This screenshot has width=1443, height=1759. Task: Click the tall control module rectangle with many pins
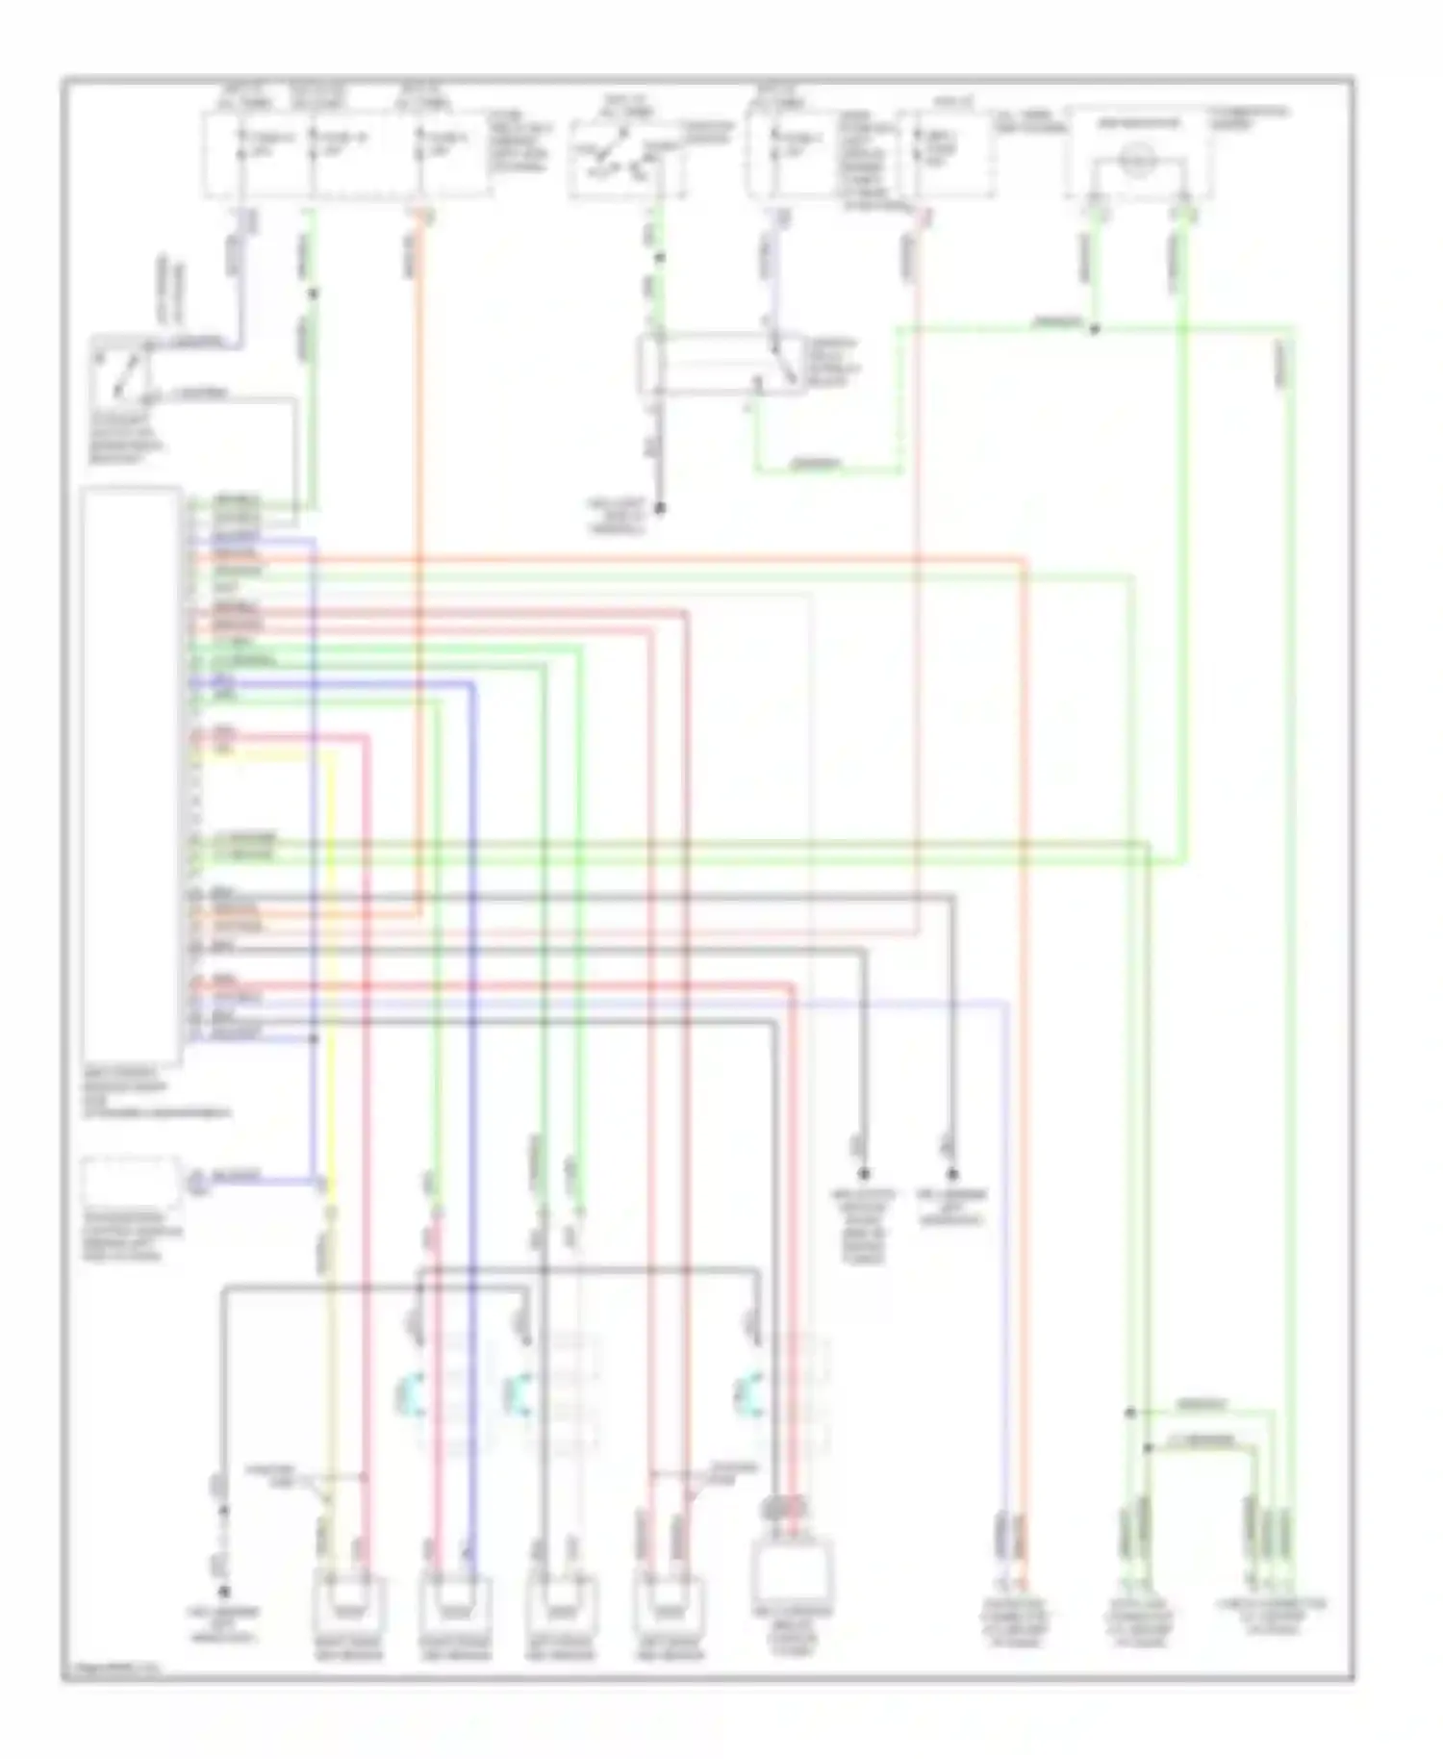coord(131,776)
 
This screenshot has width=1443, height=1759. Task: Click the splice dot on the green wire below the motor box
coord(1094,329)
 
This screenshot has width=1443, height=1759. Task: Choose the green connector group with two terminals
coord(1138,1530)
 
